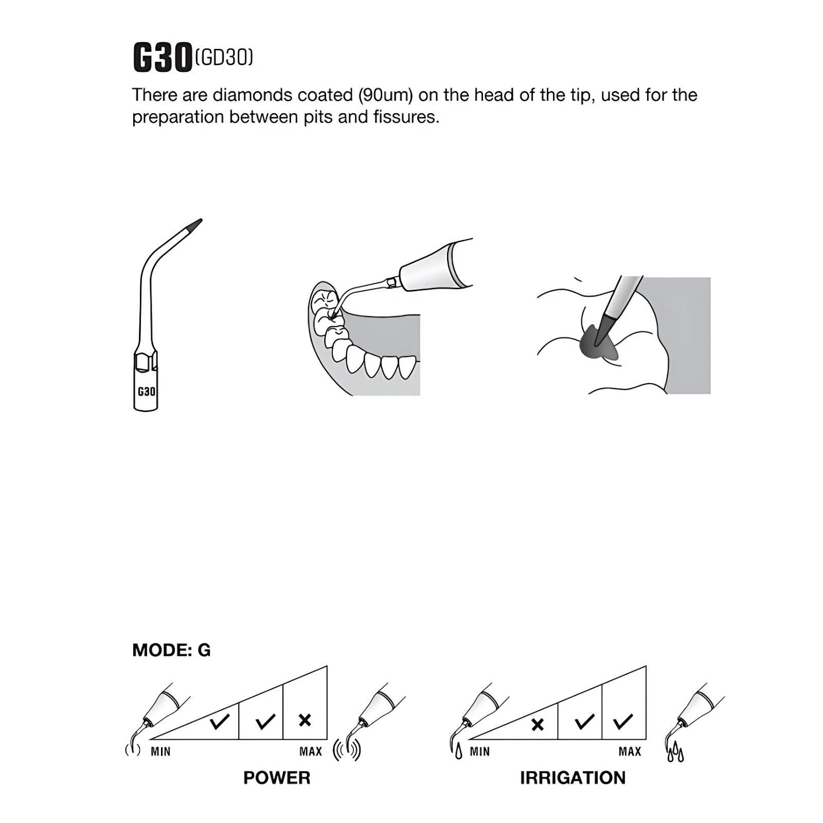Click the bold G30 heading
[x=163, y=57]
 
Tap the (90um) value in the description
[x=386, y=95]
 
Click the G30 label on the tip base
[x=146, y=391]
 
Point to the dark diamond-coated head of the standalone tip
[x=195, y=225]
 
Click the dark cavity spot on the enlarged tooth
[x=598, y=343]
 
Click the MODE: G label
[x=171, y=650]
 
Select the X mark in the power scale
[x=305, y=720]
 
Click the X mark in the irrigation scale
[x=538, y=725]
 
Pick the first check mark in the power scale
[x=220, y=721]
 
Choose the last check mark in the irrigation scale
[x=623, y=721]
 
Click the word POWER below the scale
[x=277, y=778]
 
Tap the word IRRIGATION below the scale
[x=573, y=778]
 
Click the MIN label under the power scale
[x=160, y=752]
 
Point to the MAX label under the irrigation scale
[x=630, y=752]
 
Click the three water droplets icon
[x=675, y=754]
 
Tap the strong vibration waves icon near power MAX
[x=347, y=750]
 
